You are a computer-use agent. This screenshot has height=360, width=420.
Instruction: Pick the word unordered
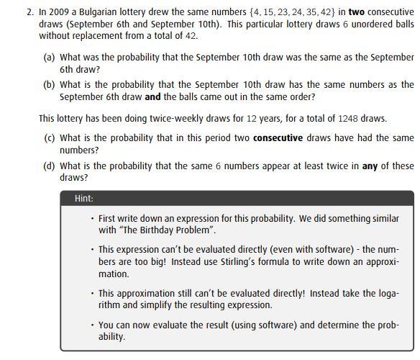(362, 23)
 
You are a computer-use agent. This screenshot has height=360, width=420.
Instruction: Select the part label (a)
(50, 57)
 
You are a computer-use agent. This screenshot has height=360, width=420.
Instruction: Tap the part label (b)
(50, 84)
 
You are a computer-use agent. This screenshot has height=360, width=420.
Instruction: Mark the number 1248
(348, 118)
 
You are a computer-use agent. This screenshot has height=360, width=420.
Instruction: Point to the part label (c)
(50, 138)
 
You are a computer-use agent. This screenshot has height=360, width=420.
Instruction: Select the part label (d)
(50, 166)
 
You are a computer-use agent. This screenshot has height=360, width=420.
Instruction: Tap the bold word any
(370, 166)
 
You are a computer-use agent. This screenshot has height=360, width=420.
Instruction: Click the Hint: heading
(84, 199)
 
